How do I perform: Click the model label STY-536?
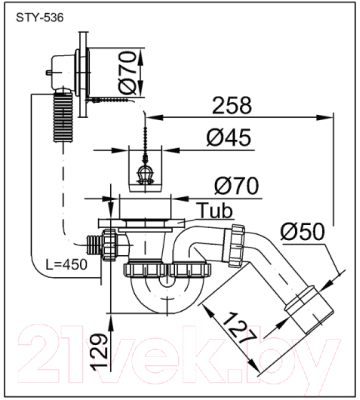(x=40, y=17)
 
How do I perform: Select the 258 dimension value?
(x=232, y=106)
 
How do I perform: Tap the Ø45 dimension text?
(x=228, y=137)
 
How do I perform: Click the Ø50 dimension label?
(x=302, y=231)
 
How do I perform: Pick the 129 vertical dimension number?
(x=100, y=351)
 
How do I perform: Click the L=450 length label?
(x=66, y=264)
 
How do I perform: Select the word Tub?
(x=216, y=211)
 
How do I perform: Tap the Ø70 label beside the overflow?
(x=128, y=72)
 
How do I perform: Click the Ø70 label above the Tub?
(x=236, y=186)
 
